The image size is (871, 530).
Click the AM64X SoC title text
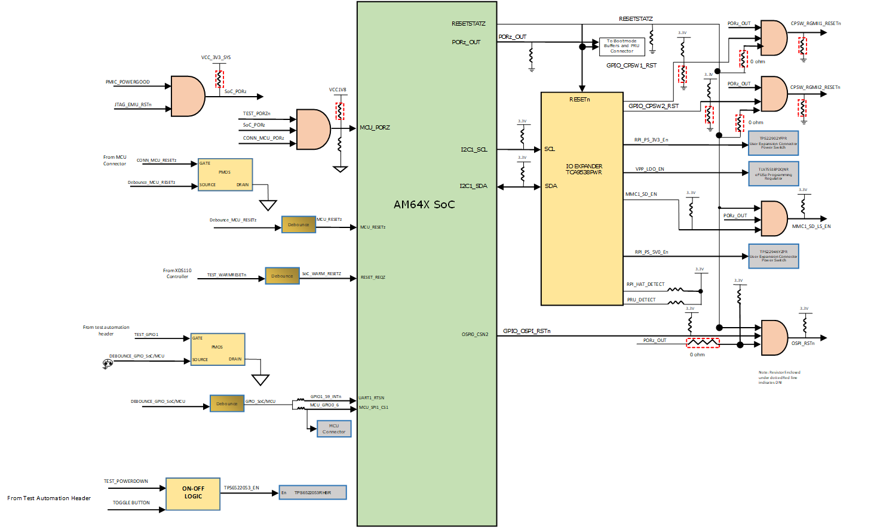424,205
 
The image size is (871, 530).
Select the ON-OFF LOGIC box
193,494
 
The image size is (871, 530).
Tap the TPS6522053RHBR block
313,492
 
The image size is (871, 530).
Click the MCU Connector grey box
334,429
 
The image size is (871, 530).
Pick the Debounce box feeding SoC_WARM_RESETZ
282,276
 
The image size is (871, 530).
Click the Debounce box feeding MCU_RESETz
299,224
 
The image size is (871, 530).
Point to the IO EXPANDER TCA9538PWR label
584,170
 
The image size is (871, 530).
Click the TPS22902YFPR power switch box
773,143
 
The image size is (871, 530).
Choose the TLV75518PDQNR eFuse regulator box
773,173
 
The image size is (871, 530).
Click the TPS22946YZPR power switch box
773,256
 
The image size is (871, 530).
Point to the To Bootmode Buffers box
621,47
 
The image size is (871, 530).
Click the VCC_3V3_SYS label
216,58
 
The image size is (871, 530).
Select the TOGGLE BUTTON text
131,503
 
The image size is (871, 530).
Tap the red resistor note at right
779,377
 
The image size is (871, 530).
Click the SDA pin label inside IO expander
551,186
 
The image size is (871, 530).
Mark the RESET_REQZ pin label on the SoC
373,278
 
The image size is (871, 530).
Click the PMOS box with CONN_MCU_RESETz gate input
225,174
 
